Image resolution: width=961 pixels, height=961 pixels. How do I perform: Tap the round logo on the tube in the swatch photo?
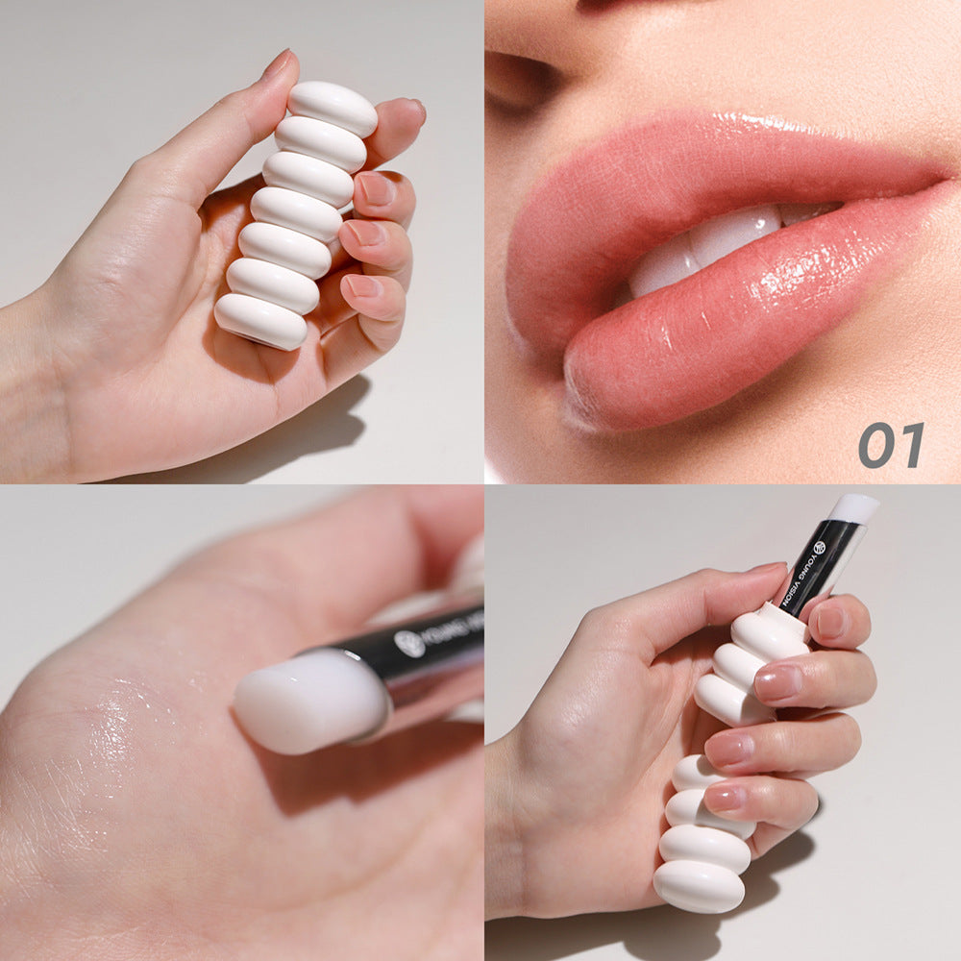410,643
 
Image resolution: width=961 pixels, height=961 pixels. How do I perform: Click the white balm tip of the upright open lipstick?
853,507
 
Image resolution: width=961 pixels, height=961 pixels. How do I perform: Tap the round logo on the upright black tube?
819,548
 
